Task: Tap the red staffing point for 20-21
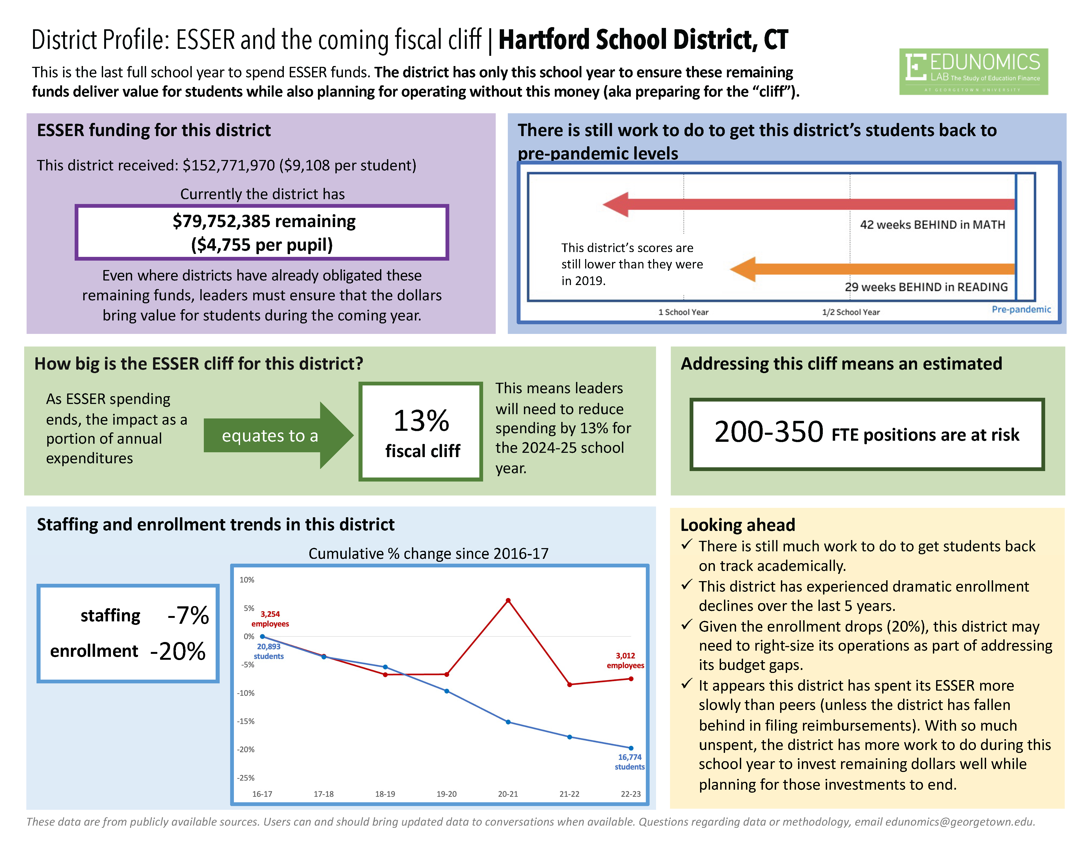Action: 508,601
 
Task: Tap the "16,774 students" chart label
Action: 629,762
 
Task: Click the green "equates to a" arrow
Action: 277,435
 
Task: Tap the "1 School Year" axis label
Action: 683,312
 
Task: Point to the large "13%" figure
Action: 421,421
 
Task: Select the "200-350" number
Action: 769,432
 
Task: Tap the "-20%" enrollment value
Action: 178,651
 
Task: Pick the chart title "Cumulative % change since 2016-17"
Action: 428,554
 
